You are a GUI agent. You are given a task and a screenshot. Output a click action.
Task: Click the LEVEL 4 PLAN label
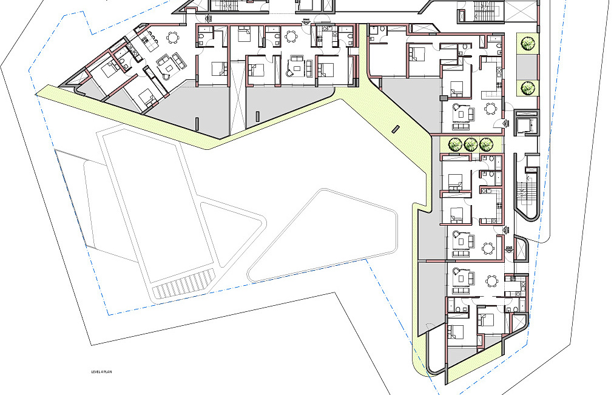coord(101,371)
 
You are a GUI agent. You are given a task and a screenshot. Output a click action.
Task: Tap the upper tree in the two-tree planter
coord(527,42)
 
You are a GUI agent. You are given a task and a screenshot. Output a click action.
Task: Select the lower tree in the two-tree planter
coord(527,88)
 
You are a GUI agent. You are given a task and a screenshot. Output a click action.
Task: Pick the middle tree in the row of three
coord(470,145)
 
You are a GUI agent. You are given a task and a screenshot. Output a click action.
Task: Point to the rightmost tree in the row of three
coord(486,145)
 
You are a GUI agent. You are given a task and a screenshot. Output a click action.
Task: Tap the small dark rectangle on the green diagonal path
coord(396,129)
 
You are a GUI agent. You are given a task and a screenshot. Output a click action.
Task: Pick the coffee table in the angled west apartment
coord(169,67)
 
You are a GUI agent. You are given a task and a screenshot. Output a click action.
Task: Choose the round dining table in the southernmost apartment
coord(491,280)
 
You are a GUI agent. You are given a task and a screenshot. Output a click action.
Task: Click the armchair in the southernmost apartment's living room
coord(456,271)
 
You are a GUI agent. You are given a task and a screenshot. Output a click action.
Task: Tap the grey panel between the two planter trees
coord(527,66)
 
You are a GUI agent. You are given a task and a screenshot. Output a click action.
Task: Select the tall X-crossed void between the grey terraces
coord(237,98)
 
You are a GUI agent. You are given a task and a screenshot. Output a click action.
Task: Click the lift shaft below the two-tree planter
coord(525,123)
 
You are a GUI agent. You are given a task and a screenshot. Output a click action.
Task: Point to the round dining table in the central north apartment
coord(290,36)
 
